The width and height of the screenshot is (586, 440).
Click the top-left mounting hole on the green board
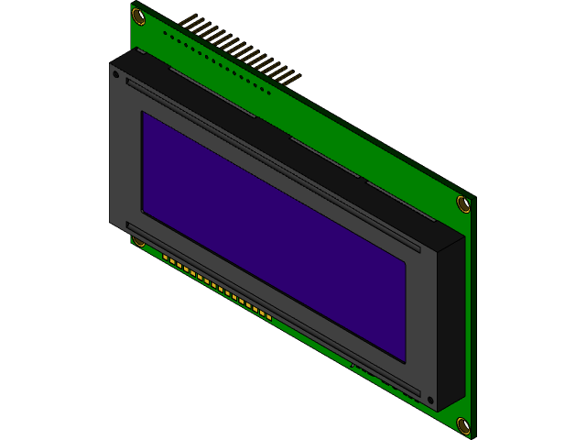click(x=139, y=16)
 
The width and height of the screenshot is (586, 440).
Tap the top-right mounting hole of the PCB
click(x=463, y=203)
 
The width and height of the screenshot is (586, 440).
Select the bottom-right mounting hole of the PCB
click(x=463, y=424)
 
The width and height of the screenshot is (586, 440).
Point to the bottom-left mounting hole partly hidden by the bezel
click(x=138, y=241)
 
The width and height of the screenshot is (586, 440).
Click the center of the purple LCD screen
click(x=274, y=236)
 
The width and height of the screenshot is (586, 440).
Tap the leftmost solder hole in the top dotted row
click(x=165, y=33)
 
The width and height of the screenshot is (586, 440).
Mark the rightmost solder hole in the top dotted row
click(x=269, y=92)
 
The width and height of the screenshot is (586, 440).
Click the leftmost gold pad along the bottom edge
click(x=166, y=258)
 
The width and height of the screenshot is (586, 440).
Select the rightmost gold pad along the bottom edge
click(x=269, y=318)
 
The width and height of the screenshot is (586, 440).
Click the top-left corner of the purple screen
click(x=142, y=113)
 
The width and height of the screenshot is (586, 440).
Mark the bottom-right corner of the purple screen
click(x=405, y=361)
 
